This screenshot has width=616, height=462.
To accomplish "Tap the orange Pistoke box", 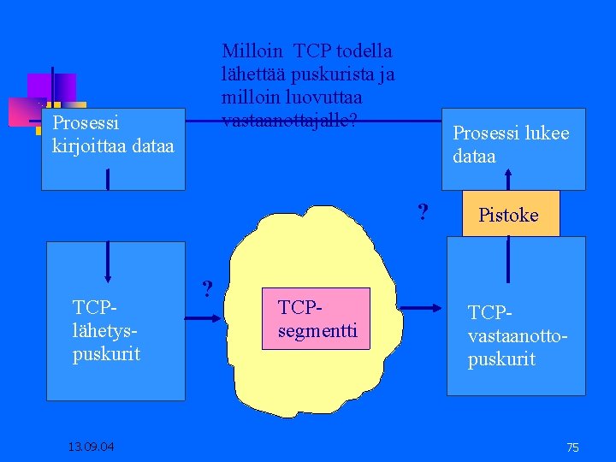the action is coord(508,214).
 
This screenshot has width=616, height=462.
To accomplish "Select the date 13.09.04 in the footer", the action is coord(93,447).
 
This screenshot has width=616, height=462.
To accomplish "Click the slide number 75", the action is coord(572,447).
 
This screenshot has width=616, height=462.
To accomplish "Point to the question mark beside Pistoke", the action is coord(422,210).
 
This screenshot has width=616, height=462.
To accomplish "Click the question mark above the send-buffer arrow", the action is coord(206,287).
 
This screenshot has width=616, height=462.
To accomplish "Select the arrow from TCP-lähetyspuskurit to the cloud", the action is coord(203,317).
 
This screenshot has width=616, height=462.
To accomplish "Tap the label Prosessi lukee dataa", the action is coord(511,145).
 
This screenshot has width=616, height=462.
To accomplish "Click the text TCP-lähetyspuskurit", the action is coord(106,330).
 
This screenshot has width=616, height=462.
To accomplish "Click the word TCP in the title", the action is coord(314,51).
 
